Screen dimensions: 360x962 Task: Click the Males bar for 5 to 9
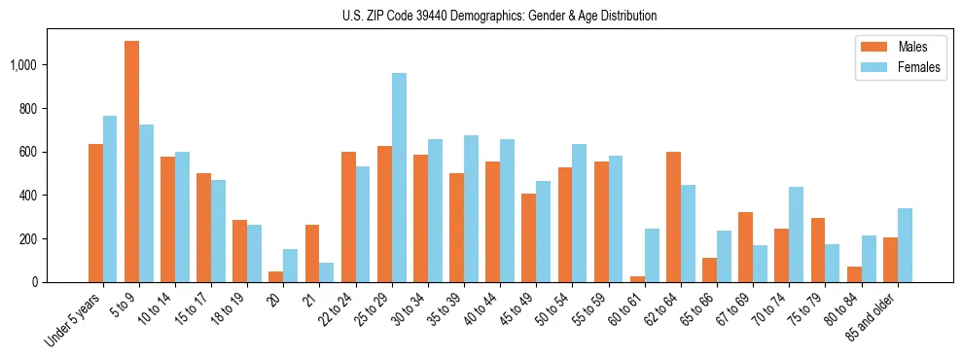click(131, 162)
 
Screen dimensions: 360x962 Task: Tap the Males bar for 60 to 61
click(637, 279)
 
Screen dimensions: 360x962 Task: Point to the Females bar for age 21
click(327, 272)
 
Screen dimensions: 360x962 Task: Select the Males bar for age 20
click(276, 277)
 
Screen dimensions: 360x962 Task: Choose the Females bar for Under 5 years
click(110, 199)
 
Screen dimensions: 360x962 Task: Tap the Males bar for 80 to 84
click(854, 274)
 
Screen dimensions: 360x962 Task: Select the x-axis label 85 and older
click(871, 317)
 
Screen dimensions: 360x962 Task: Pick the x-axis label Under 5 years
click(74, 320)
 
